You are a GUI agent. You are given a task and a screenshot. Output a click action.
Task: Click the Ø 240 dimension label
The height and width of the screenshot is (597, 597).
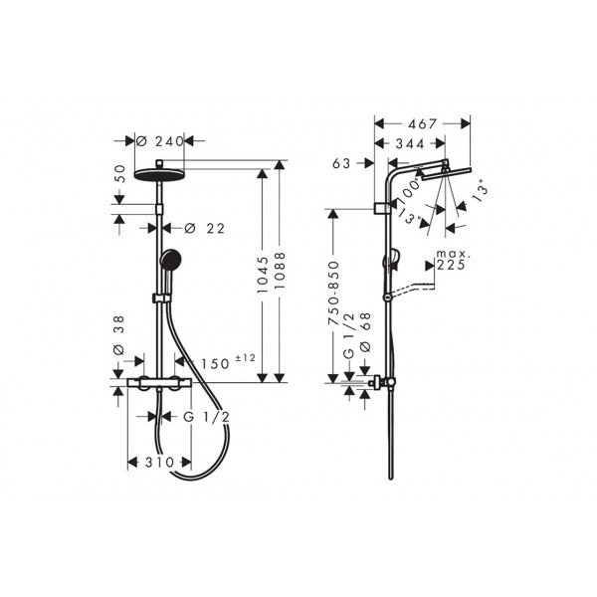point(160,141)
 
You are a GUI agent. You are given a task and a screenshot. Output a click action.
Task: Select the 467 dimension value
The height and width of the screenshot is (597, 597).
point(422,124)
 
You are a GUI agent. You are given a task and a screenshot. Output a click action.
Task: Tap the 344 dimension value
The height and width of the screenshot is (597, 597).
point(410,143)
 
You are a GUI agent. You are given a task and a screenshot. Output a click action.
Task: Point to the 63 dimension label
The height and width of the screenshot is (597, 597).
point(341,163)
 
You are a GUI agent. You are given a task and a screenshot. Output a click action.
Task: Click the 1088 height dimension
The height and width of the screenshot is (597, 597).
point(280,272)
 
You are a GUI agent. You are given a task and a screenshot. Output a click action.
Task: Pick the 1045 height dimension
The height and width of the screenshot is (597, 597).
point(263,275)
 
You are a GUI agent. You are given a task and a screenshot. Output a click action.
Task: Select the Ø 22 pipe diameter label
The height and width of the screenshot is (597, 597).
point(204,229)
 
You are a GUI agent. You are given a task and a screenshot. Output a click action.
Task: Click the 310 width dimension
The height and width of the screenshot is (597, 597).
point(159,463)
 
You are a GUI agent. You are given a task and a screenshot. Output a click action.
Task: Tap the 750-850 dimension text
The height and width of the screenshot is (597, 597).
point(333,294)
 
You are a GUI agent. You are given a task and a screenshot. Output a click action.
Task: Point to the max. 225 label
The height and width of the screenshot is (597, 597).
point(451,260)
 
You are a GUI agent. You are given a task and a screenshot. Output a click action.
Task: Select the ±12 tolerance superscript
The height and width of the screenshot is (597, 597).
point(245,358)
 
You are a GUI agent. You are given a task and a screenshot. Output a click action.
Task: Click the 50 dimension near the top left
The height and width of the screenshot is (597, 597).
point(119,173)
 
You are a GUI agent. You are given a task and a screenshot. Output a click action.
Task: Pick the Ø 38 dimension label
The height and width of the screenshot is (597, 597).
point(119,335)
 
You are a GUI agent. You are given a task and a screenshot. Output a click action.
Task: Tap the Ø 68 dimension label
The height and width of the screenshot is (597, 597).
point(365,332)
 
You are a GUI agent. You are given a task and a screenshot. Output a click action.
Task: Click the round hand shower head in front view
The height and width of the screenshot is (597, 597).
point(171,259)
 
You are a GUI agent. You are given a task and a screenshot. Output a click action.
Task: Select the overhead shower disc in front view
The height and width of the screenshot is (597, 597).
point(159,174)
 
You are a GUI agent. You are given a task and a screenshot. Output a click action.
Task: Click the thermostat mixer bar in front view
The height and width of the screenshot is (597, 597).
point(159,382)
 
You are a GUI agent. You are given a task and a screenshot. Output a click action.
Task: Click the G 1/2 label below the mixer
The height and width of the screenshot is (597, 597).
point(207,417)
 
